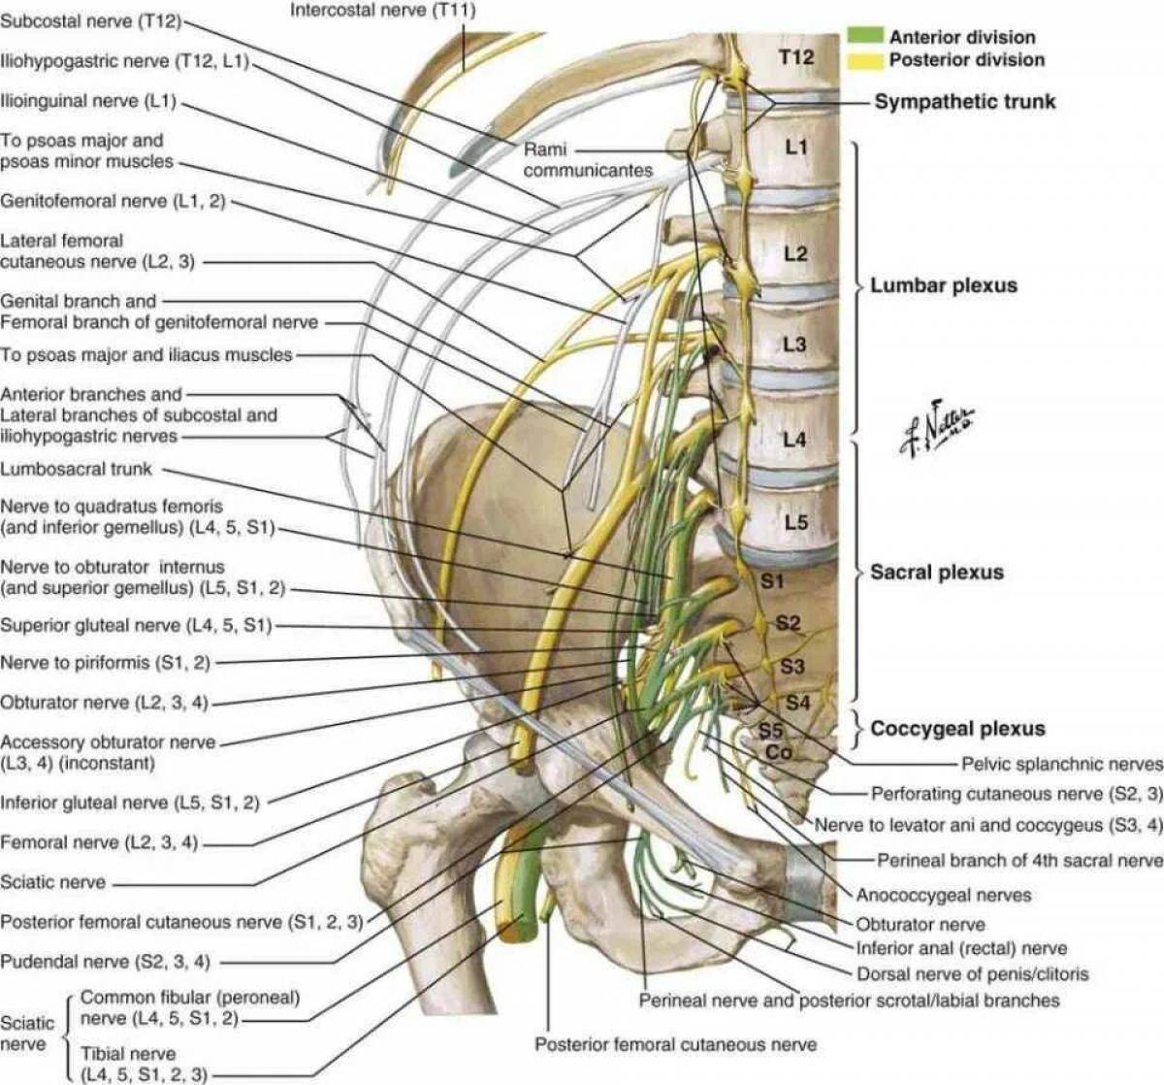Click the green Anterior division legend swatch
click(x=864, y=36)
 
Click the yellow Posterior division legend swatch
click(x=864, y=59)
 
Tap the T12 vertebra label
click(x=795, y=57)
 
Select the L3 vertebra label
click(x=794, y=345)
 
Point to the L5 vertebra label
click(x=795, y=522)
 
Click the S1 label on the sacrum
click(x=772, y=581)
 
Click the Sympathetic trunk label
click(x=964, y=101)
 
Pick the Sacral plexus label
click(x=936, y=572)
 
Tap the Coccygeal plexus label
click(x=957, y=728)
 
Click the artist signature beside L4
click(x=936, y=428)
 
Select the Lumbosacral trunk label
click(x=76, y=469)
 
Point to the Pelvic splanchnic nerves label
click(x=1061, y=764)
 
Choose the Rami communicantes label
click(x=587, y=160)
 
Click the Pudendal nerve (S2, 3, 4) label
click(x=105, y=962)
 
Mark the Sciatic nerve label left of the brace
click(x=27, y=1033)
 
